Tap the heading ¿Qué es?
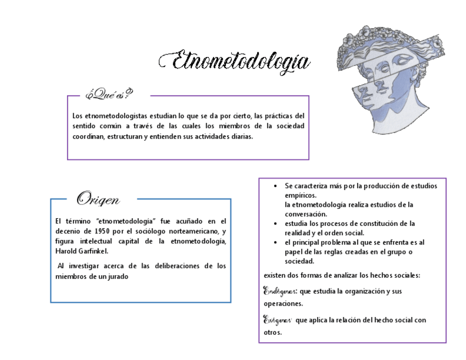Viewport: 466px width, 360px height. click(108, 95)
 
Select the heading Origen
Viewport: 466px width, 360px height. click(98, 198)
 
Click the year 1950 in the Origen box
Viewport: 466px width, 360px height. click(105, 231)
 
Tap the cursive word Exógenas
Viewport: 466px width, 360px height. click(278, 319)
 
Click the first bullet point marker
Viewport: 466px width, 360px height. click(275, 186)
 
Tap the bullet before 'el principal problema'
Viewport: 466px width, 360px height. click(275, 242)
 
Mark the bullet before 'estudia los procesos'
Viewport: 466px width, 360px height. click(275, 224)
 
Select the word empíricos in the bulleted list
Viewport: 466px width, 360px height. click(301, 196)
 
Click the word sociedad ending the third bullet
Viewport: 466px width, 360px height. click(299, 261)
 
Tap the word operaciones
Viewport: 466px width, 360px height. click(284, 304)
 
